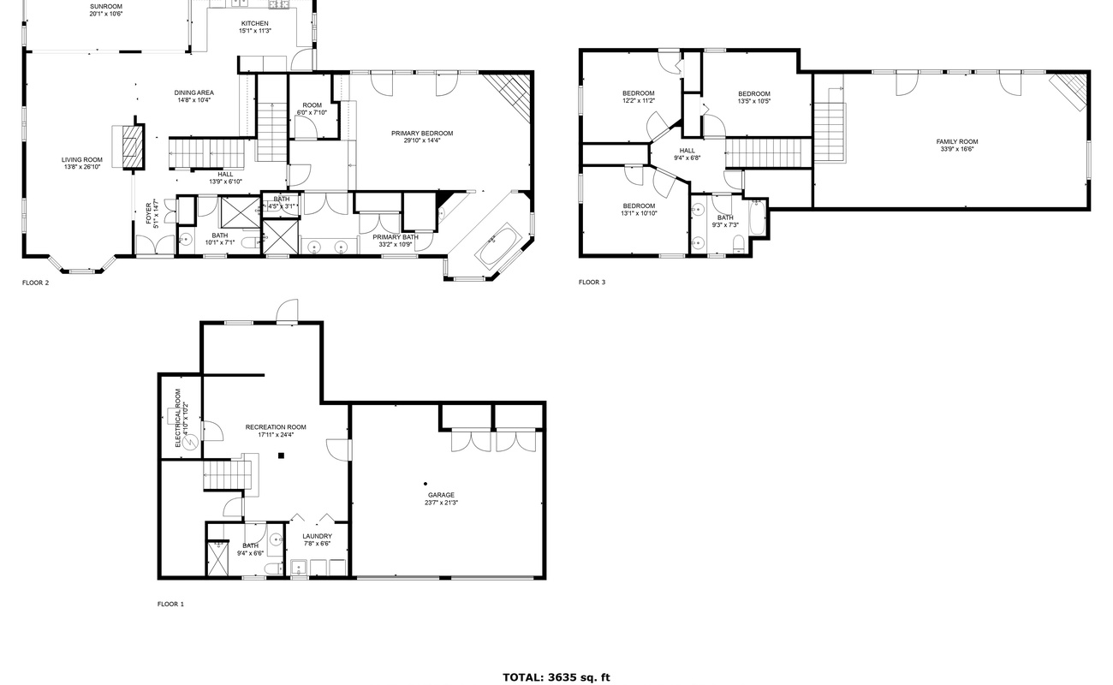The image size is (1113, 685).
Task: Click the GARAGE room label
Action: (441, 495)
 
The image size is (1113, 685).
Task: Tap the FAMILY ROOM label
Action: (957, 141)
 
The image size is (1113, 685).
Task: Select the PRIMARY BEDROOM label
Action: (422, 134)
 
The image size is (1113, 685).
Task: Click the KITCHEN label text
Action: (255, 23)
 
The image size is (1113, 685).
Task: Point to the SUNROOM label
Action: (106, 7)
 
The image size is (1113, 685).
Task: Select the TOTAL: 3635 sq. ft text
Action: (556, 677)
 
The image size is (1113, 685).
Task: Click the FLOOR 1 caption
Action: (170, 604)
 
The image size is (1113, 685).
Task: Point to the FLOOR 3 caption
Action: (592, 282)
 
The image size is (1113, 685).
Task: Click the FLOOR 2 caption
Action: (35, 283)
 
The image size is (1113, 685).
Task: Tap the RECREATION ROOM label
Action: (276, 427)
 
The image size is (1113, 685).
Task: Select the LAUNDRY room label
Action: (317, 536)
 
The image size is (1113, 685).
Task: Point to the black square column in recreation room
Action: (281, 456)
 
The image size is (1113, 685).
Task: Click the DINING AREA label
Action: (194, 92)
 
